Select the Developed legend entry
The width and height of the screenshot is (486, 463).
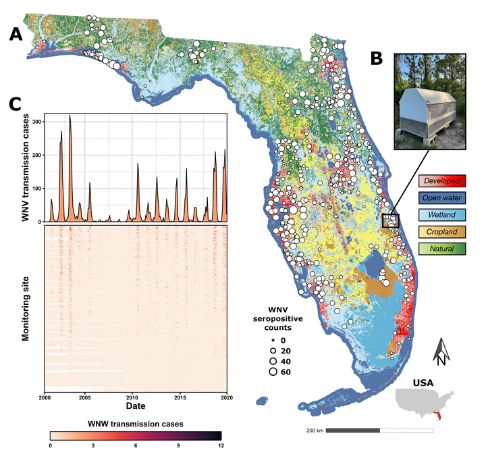click(442, 181)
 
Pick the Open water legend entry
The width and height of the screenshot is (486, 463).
click(442, 198)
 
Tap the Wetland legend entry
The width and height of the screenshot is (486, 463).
click(442, 215)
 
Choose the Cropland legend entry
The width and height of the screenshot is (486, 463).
click(442, 232)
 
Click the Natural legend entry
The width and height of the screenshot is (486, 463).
click(442, 249)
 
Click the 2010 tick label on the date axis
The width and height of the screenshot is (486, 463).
click(132, 398)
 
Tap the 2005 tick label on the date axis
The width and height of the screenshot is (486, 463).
click(84, 398)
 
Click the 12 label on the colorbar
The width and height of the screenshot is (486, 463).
click(221, 445)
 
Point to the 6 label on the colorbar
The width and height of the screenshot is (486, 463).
click(136, 445)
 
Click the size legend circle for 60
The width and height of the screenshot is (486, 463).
click(273, 371)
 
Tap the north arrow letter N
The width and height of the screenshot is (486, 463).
click(441, 360)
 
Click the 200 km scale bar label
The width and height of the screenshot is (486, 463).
click(315, 430)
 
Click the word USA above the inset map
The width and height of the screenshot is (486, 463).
click(423, 383)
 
